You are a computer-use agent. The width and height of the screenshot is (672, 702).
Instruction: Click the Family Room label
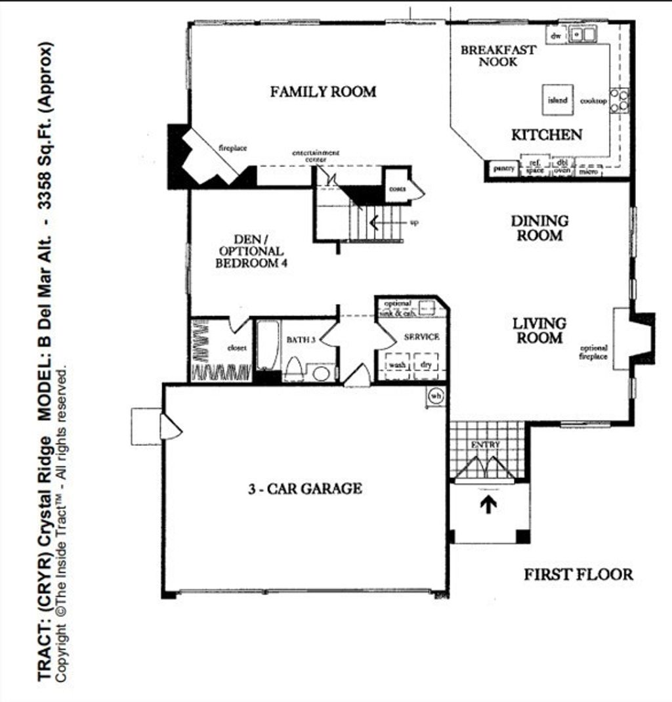point(323,91)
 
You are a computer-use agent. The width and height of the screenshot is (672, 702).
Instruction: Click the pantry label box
point(503,169)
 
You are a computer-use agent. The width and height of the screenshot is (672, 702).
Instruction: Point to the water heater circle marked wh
point(436,396)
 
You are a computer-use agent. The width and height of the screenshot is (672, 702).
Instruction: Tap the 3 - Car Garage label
point(305,489)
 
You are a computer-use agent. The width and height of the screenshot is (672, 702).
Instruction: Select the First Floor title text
point(578,575)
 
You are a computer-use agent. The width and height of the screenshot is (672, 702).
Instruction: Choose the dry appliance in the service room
point(426,364)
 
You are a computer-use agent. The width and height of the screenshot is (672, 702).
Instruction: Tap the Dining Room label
point(539,228)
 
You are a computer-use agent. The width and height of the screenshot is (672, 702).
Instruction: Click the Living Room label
point(539,330)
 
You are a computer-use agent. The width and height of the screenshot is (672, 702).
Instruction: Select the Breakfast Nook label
point(497,56)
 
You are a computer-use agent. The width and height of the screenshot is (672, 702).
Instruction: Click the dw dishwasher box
point(556,36)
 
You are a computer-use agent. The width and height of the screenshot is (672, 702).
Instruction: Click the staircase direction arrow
point(375,222)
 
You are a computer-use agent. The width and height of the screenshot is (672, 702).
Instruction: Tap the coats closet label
point(397,188)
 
